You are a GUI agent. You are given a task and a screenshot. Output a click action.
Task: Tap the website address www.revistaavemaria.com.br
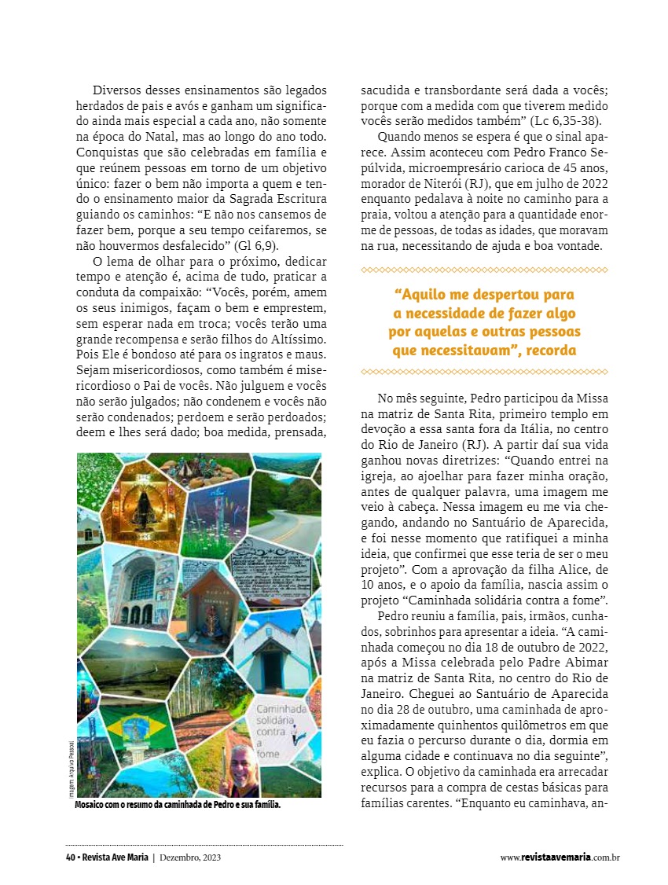click(x=560, y=857)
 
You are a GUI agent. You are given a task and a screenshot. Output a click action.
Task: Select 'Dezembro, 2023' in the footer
click(x=189, y=857)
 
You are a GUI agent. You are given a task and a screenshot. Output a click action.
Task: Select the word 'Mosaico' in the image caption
click(x=92, y=806)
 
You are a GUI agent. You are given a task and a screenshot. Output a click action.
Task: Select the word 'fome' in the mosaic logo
click(x=268, y=754)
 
